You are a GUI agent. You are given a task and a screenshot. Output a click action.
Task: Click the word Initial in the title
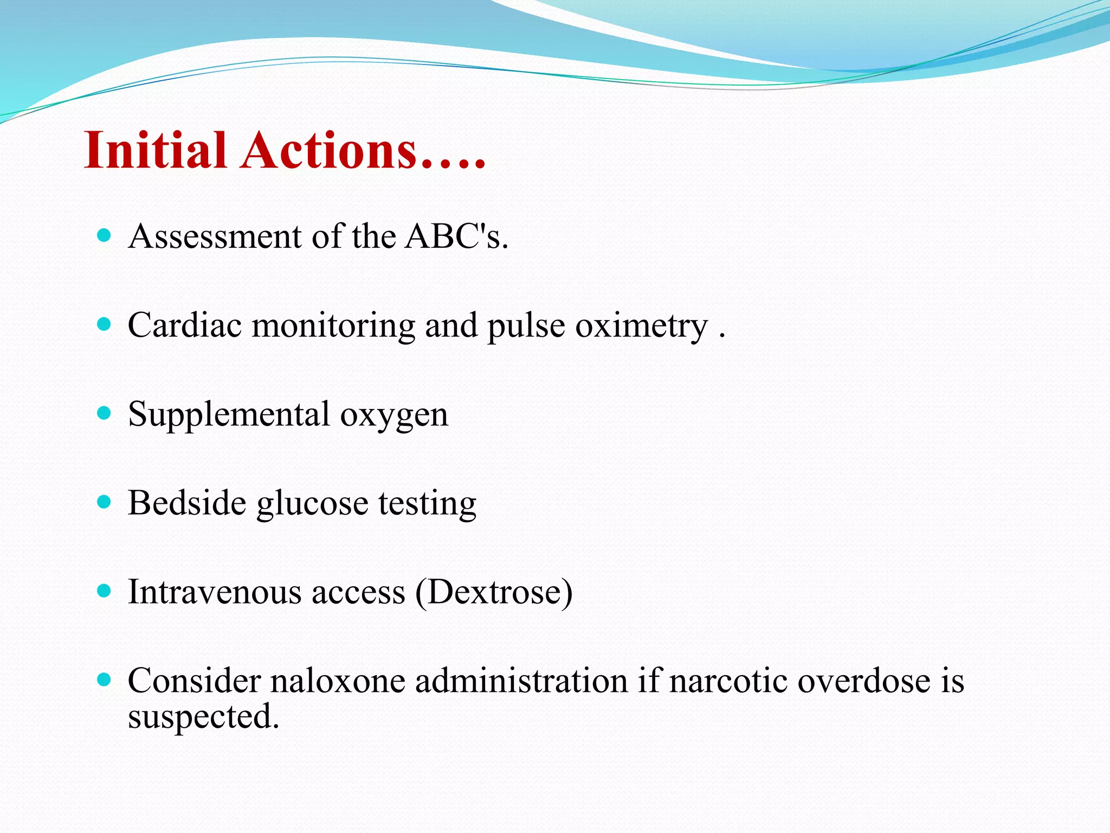(x=155, y=150)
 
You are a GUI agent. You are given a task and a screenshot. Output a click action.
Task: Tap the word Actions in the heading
(x=330, y=150)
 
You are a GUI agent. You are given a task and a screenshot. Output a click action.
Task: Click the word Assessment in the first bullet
(x=215, y=236)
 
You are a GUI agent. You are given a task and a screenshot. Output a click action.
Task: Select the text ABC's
(x=457, y=236)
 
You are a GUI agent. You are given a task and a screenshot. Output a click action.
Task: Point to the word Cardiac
(x=185, y=325)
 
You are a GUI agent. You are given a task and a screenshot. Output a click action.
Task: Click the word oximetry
(x=641, y=325)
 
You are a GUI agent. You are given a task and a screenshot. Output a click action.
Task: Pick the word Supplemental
(x=229, y=414)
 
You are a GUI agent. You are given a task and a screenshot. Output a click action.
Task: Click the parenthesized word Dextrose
(x=494, y=592)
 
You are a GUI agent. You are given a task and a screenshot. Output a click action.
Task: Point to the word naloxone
(x=338, y=681)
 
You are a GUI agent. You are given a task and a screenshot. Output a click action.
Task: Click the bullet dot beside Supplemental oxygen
(x=104, y=413)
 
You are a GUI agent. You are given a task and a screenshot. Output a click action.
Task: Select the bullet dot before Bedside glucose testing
(x=104, y=502)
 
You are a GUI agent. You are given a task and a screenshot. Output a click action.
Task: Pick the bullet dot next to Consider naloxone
(x=104, y=679)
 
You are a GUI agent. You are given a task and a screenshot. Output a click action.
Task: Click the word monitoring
(x=333, y=326)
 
